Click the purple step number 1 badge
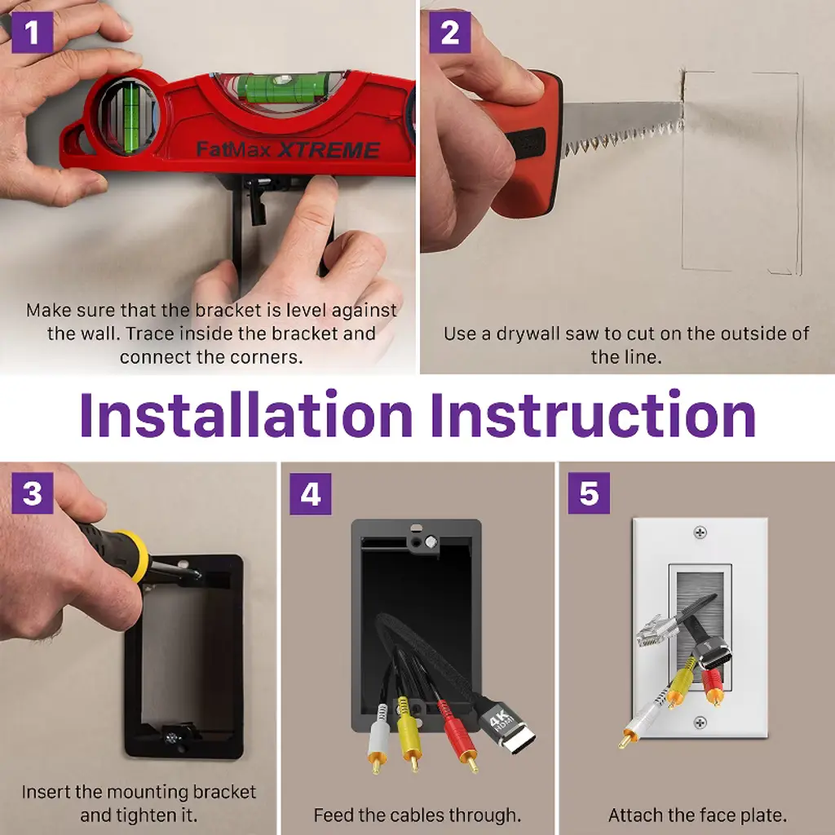tap(32, 33)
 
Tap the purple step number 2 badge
tap(450, 33)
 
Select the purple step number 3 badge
tap(32, 493)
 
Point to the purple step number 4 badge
tap(311, 493)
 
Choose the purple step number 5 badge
tap(589, 493)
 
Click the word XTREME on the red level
tap(329, 150)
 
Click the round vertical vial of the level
tap(128, 116)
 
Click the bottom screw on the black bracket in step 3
tap(171, 738)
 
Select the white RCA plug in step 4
tap(378, 737)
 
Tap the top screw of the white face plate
tap(700, 532)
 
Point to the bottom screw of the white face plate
tap(700, 722)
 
